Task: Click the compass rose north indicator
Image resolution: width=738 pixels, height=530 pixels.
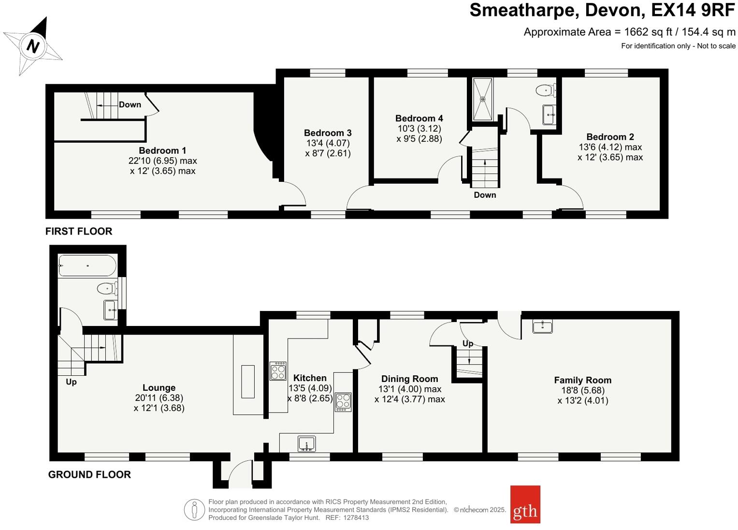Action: point(33,46)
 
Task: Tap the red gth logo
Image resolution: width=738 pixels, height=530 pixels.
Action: point(525,504)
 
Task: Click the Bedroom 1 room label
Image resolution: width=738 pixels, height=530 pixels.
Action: point(162,150)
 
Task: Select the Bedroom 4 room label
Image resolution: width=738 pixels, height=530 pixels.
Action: point(419,118)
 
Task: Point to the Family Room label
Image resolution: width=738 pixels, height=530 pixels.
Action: point(582,380)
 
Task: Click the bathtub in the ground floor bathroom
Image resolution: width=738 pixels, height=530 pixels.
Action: point(87,265)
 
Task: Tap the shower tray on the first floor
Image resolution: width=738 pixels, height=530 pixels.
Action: point(482,99)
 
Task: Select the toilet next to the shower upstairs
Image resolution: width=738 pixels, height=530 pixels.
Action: point(546,90)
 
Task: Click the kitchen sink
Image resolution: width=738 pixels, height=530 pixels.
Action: point(306,443)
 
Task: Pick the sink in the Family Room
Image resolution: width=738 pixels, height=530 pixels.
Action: point(542,326)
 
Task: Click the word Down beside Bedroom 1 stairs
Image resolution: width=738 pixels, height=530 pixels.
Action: point(130,104)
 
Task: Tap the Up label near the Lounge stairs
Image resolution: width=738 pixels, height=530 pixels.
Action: point(71,382)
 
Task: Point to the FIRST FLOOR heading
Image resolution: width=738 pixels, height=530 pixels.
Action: point(79,231)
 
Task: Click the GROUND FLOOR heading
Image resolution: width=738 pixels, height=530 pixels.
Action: point(89,474)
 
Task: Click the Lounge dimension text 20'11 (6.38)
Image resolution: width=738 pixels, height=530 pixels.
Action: point(159,397)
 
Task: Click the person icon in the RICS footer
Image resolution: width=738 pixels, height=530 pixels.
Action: point(194,510)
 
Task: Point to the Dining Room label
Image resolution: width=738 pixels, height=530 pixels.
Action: point(409,379)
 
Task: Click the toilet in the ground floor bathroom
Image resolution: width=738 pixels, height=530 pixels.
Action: point(107,289)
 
